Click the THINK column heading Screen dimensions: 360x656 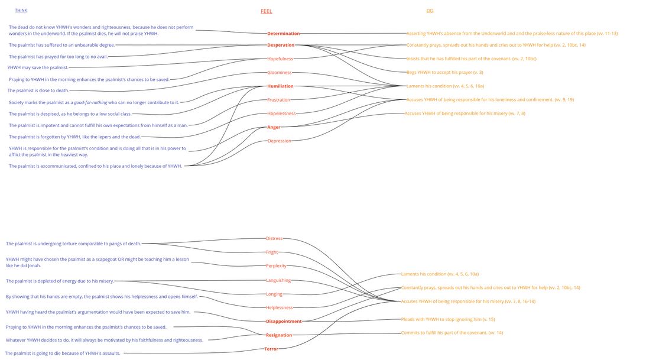(x=21, y=10)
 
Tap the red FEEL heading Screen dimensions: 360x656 (x=267, y=11)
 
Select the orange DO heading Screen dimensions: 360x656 (x=430, y=11)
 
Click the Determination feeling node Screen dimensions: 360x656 (x=283, y=34)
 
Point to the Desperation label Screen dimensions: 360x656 (x=281, y=45)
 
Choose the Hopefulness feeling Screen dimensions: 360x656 (x=280, y=59)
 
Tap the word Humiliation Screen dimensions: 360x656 (x=280, y=86)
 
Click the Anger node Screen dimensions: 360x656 (x=274, y=127)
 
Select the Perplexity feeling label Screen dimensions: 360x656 (x=276, y=266)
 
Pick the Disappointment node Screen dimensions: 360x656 (x=284, y=322)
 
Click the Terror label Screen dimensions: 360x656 (x=271, y=349)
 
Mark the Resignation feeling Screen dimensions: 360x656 (x=279, y=335)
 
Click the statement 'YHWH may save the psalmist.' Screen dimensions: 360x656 (x=38, y=67)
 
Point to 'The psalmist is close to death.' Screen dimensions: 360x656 (x=38, y=90)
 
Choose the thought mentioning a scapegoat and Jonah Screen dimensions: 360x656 (x=98, y=262)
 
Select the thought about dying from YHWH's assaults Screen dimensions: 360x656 (x=63, y=353)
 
